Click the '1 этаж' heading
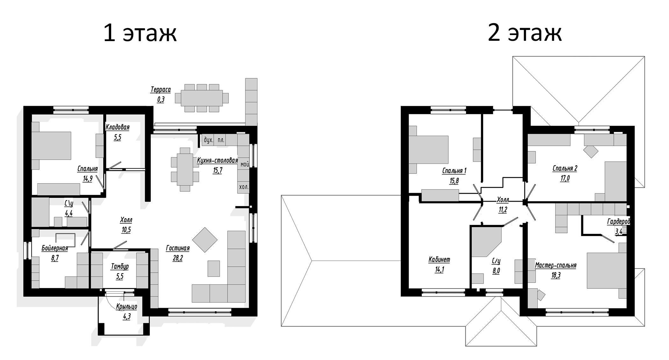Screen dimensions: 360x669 click(x=140, y=33)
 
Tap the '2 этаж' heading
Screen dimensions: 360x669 click(x=524, y=33)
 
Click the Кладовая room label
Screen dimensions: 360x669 click(x=118, y=127)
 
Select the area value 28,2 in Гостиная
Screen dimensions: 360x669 click(x=177, y=258)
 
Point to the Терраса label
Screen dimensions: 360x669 click(x=161, y=90)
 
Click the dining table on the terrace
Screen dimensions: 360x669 click(x=202, y=98)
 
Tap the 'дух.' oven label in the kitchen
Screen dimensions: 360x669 click(x=208, y=140)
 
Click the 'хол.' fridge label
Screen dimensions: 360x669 click(x=244, y=187)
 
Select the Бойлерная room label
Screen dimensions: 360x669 click(x=55, y=248)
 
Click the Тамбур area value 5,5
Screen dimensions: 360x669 click(x=119, y=277)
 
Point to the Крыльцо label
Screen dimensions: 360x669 click(x=126, y=306)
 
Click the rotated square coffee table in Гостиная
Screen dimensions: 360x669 click(x=205, y=240)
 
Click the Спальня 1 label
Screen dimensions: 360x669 click(x=454, y=171)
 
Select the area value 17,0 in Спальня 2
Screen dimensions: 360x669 click(x=565, y=178)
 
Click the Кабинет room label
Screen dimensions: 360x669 click(x=439, y=260)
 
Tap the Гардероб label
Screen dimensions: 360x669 click(x=618, y=221)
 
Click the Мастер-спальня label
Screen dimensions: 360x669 click(x=556, y=265)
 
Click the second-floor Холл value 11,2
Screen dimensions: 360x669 click(x=503, y=210)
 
